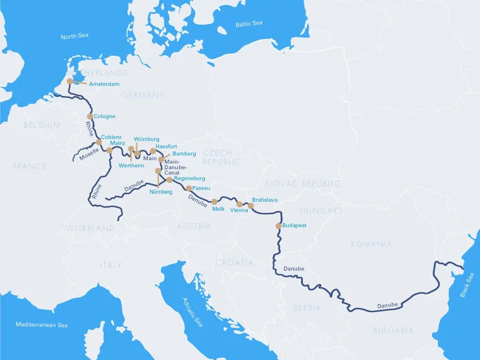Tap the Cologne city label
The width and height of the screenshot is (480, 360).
pos(104,117)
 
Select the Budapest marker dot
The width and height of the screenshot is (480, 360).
pos(280,226)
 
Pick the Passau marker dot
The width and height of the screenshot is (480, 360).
pos(189,188)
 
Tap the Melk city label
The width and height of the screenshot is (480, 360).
pos(218,209)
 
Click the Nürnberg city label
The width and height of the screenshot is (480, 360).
pos(160,192)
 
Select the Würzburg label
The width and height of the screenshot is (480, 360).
pos(146,139)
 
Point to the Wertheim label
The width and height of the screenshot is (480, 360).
pos(132,165)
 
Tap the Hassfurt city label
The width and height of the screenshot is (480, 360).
pos(167,147)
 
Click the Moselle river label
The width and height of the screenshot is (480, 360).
pos(89,154)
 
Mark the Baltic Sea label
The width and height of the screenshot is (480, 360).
pos(249,24)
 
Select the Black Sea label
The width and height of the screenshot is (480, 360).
pos(466,285)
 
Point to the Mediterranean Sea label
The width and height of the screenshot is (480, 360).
pos(42,324)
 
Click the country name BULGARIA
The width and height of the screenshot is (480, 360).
pos(392,330)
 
